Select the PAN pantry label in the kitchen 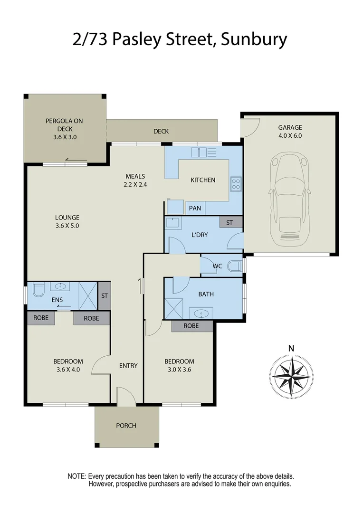[195, 209]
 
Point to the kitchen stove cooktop [236, 183]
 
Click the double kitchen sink [198, 152]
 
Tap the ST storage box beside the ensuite [104, 296]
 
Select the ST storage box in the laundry [230, 222]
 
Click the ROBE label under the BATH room [191, 326]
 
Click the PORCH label [126, 426]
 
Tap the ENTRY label [128, 366]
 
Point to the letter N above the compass [291, 349]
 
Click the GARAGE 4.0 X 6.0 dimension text [290, 135]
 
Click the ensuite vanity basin [60, 286]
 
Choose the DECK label [161, 132]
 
